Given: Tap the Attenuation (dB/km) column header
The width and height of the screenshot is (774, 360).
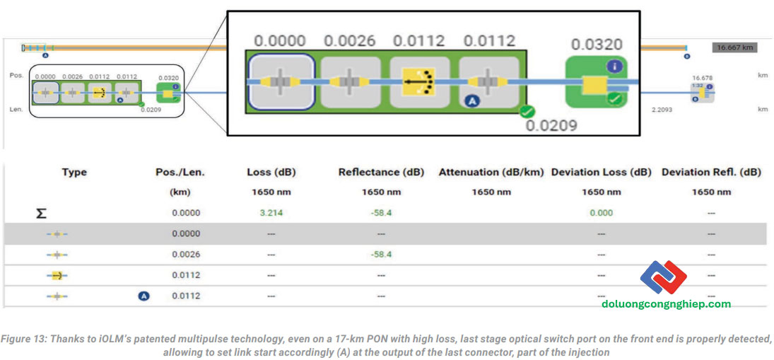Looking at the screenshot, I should click(491, 172).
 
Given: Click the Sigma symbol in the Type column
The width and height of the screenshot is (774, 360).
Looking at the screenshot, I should click(42, 213).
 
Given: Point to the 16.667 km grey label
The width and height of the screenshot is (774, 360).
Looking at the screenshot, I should click(734, 47).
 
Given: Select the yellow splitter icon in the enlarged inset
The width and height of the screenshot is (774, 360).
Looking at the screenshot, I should click(420, 82).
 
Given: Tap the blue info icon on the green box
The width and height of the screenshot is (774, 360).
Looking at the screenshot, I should click(615, 66).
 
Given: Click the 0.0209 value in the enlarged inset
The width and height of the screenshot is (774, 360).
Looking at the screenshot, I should click(552, 126).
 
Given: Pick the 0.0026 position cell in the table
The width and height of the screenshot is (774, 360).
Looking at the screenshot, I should click(186, 255).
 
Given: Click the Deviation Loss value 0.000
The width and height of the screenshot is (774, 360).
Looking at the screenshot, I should click(601, 213).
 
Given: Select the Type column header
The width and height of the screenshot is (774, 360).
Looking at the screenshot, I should click(74, 172).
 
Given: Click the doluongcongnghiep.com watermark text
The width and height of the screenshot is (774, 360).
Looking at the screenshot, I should click(666, 304).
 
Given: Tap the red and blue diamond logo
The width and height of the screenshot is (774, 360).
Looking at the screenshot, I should click(664, 278).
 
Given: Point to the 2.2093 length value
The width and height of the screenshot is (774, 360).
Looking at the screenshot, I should click(665, 110).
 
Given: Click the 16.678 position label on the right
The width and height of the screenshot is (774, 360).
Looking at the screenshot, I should click(702, 78).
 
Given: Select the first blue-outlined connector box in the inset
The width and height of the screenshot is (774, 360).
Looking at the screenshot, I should click(281, 82).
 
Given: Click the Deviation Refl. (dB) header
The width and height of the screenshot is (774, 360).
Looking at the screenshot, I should click(711, 172).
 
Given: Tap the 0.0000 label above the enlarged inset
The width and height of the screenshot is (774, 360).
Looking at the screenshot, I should click(281, 40).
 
